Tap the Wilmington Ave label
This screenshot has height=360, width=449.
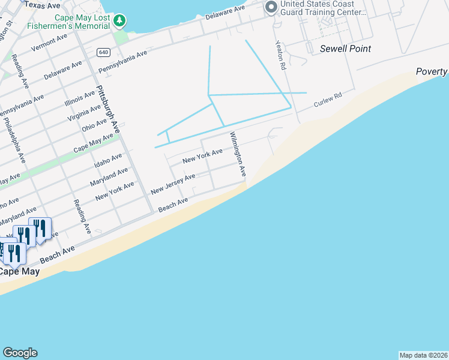[x=237, y=155]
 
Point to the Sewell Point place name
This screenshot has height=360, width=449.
[x=345, y=49]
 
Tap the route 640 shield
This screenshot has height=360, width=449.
[x=103, y=53]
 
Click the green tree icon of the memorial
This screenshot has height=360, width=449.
[x=120, y=21]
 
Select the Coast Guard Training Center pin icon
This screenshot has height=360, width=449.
[x=271, y=7]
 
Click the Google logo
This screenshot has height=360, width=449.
[x=20, y=353]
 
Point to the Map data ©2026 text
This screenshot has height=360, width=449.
[x=424, y=355]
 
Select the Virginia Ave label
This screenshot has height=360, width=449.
[x=84, y=112]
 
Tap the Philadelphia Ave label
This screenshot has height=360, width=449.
[x=14, y=140]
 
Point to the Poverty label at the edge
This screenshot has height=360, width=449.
[x=432, y=72]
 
